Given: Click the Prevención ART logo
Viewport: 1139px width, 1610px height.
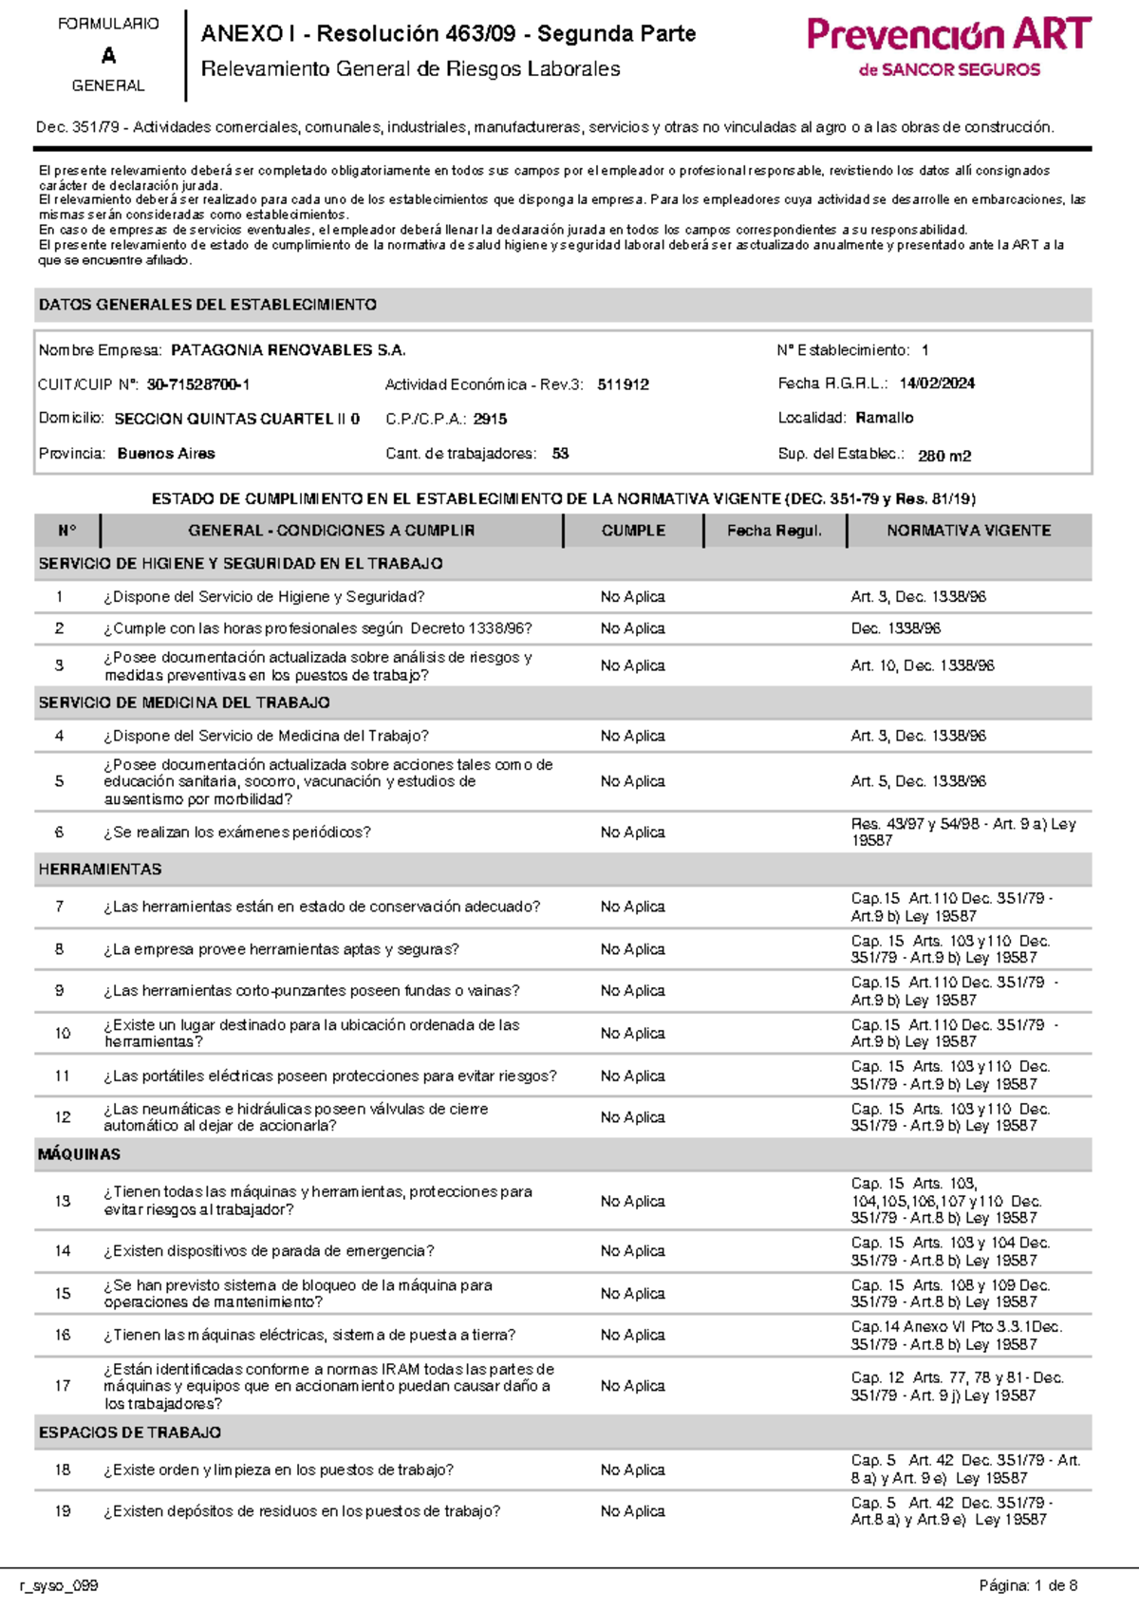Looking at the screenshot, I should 948,46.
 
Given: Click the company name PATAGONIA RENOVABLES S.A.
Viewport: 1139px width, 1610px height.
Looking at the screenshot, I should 288,350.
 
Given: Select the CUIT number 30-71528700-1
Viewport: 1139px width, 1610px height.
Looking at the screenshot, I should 198,384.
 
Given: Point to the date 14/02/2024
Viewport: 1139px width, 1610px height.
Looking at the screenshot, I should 937,384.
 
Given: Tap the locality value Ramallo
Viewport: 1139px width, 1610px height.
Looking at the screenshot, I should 884,418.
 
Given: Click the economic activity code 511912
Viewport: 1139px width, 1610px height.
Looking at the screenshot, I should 624,384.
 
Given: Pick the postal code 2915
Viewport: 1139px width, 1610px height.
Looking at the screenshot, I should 490,419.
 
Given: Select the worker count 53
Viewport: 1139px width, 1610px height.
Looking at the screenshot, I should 560,454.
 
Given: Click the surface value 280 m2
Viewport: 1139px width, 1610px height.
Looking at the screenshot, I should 943,456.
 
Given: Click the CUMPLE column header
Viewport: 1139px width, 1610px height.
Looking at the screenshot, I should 633,531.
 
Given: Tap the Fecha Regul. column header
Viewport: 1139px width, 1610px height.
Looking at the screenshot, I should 775,531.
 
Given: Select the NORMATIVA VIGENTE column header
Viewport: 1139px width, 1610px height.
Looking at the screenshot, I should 968,531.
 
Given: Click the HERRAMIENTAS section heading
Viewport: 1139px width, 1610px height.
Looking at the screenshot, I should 100,870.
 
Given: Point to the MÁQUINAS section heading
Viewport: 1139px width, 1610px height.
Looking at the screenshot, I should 79,1154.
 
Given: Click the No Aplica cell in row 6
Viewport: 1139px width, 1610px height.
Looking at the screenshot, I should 632,833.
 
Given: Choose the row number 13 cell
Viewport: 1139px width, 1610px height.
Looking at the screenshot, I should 63,1201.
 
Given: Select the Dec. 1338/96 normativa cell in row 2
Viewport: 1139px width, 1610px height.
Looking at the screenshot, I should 895,628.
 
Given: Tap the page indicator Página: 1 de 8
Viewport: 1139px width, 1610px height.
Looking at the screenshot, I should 1028,1585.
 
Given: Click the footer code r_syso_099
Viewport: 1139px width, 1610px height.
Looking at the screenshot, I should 59,1585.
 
